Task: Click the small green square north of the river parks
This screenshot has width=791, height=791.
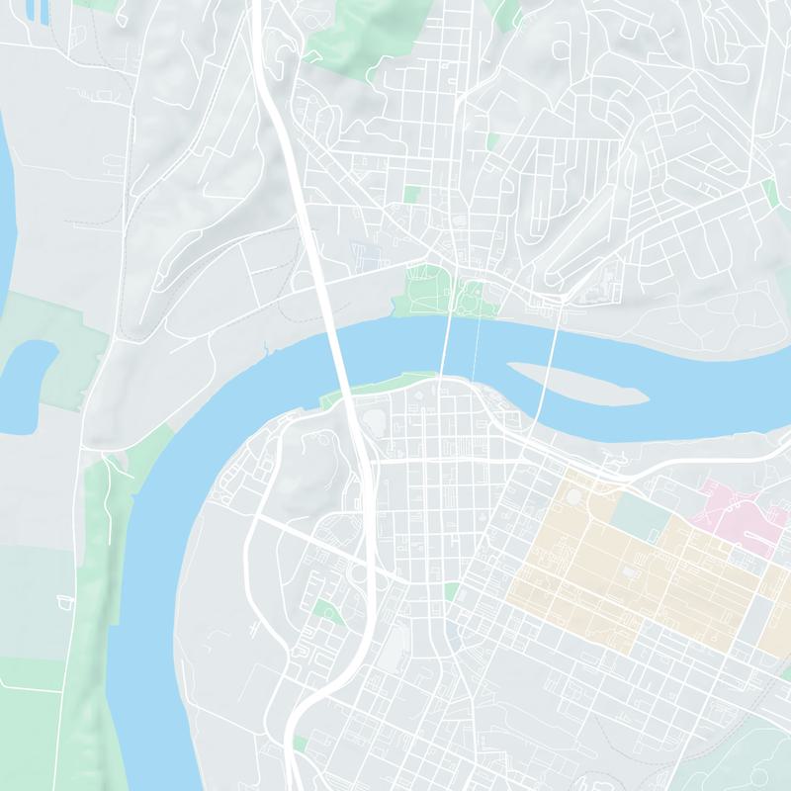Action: (x=411, y=194)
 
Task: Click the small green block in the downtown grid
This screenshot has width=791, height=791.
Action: (x=451, y=591)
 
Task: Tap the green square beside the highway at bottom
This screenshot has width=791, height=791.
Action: (x=301, y=743)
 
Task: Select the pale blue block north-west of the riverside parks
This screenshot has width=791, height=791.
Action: (x=365, y=253)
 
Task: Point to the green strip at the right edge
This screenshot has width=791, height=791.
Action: (x=770, y=193)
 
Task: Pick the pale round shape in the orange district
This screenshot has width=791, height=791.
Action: (x=574, y=496)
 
